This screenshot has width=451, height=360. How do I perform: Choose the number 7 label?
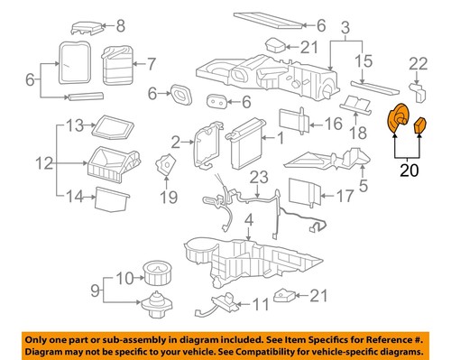[x=151, y=64]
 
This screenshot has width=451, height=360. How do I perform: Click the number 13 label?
[x=76, y=124]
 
